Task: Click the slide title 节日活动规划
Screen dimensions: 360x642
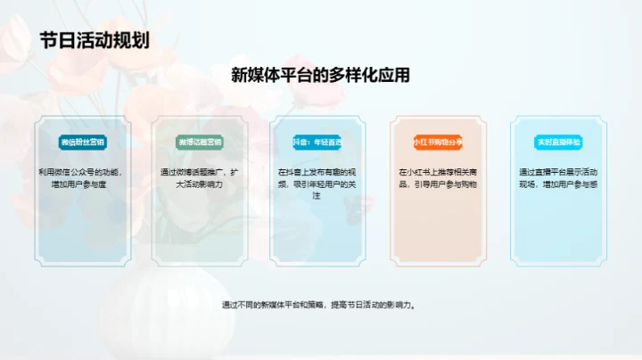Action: point(95,40)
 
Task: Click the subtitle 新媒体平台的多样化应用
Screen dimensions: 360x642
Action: point(320,76)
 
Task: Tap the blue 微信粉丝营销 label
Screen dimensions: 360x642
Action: point(82,142)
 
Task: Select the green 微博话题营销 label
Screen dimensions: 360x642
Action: point(201,142)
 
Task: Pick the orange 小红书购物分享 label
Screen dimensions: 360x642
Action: point(437,142)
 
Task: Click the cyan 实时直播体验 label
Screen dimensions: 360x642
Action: point(557,142)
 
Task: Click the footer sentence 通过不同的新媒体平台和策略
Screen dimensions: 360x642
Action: point(319,305)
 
